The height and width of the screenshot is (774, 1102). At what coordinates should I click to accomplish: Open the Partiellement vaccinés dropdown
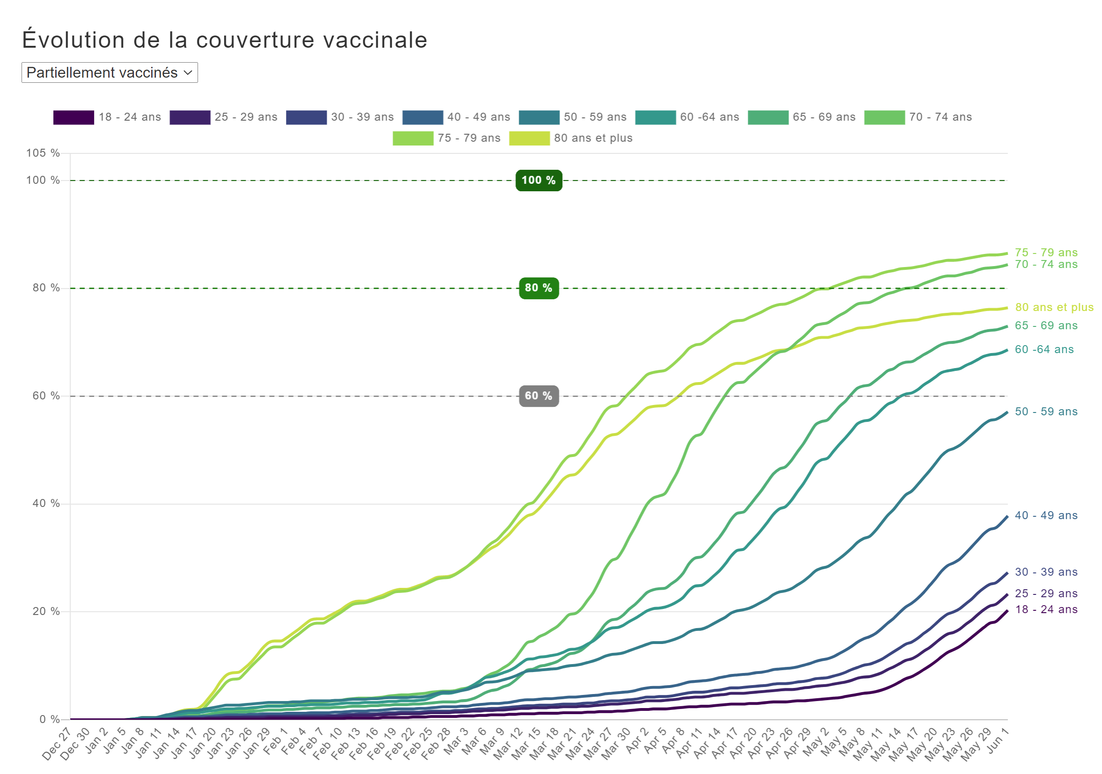point(110,72)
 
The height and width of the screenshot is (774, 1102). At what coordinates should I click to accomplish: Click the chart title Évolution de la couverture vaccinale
point(225,40)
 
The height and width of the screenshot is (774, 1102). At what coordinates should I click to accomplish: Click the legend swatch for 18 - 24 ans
point(73,117)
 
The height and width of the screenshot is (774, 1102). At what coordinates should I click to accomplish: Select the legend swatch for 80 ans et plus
point(529,138)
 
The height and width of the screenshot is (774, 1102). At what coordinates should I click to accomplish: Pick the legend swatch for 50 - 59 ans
point(539,117)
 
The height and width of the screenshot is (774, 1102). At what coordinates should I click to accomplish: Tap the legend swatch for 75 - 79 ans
point(413,138)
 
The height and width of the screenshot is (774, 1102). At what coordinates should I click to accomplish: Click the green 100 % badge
point(538,181)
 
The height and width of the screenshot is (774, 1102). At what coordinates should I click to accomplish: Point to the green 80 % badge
point(538,288)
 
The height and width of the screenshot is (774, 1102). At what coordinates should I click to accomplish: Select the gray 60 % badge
point(538,396)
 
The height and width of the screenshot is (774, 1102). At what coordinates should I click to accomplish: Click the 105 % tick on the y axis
point(43,153)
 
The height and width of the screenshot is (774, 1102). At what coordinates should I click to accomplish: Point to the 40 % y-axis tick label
point(46,503)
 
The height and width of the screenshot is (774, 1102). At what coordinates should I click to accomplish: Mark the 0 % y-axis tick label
point(50,719)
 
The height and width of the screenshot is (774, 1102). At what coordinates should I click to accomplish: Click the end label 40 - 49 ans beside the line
point(1046,515)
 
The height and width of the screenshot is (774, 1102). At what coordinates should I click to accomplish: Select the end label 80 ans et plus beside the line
point(1054,307)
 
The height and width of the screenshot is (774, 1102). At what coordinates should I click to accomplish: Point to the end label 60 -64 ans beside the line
point(1044,350)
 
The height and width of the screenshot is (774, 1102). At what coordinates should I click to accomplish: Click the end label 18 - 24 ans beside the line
point(1046,609)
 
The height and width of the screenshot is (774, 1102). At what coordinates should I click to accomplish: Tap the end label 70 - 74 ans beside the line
point(1046,264)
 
